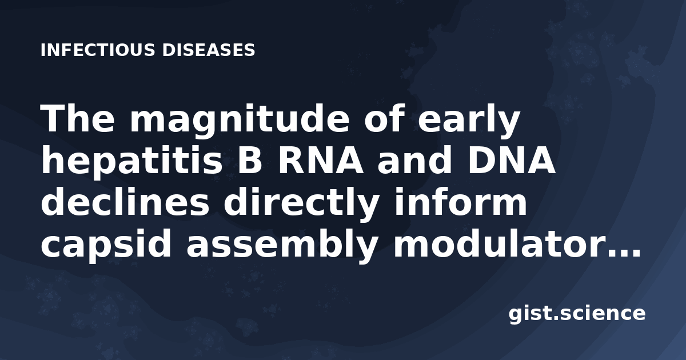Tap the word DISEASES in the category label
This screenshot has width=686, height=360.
[x=209, y=50]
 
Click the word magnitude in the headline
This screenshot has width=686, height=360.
[x=240, y=119]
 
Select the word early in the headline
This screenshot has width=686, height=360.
[x=469, y=119]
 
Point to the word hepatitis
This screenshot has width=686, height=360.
[x=131, y=161]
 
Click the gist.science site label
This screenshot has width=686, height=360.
[x=577, y=314]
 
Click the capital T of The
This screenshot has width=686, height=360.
[x=53, y=118]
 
